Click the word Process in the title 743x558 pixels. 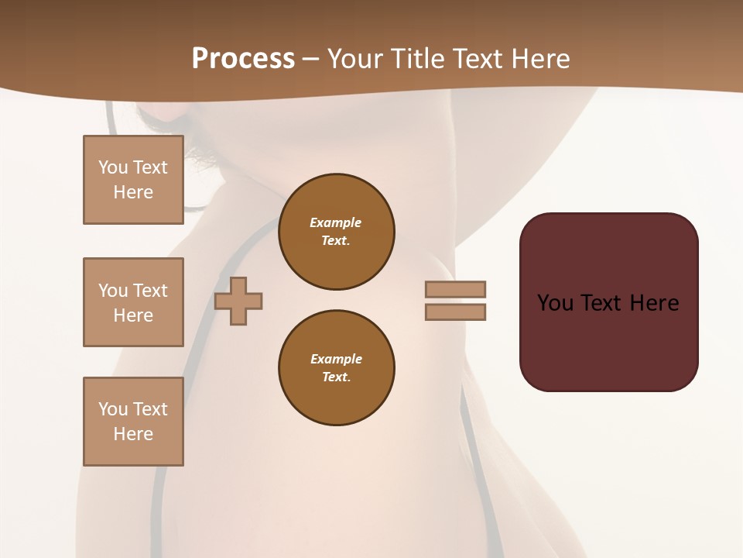pyautogui.click(x=243, y=59)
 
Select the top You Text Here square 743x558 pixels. pyautogui.click(x=133, y=180)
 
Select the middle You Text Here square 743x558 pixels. pyautogui.click(x=133, y=302)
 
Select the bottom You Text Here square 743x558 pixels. pyautogui.click(x=133, y=422)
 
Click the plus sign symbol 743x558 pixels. pyautogui.click(x=238, y=301)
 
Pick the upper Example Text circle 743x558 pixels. pyautogui.click(x=337, y=232)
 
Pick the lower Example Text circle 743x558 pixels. pyautogui.click(x=337, y=368)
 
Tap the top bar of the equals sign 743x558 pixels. pyautogui.click(x=456, y=289)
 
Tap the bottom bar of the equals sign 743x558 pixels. pyautogui.click(x=456, y=312)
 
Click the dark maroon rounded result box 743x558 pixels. pyautogui.click(x=609, y=341)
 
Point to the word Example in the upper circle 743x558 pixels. pyautogui.click(x=336, y=222)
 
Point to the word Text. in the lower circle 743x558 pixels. pyautogui.click(x=336, y=377)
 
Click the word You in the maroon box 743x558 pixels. pyautogui.click(x=555, y=303)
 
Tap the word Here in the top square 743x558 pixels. pyautogui.click(x=133, y=192)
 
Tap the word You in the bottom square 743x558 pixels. pyautogui.click(x=113, y=409)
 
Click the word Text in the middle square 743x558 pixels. pyautogui.click(x=150, y=291)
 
